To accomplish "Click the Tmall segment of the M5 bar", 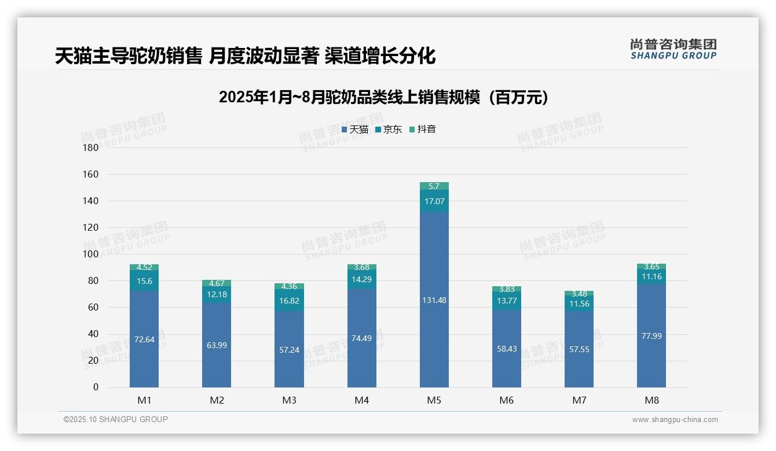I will coord(434,300).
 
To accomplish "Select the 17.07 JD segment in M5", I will coord(434,201).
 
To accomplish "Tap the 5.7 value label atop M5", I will coord(434,186).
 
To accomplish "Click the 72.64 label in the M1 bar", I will coord(144,339).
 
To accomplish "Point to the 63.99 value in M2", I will coord(217,345).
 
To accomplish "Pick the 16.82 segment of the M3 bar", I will coord(289,301).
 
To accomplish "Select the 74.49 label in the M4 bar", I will coord(361,338).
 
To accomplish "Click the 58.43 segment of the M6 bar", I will coord(507,349).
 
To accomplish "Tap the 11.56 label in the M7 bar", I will coord(579,304).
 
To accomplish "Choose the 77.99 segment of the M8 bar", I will coord(651,336).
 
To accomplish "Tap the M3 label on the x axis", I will coord(289,400).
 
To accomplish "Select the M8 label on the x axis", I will coord(651,400).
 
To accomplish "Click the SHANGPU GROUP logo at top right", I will coord(673,49).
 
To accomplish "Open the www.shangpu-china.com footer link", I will coord(675,420).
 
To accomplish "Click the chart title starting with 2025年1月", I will coord(383,97).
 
